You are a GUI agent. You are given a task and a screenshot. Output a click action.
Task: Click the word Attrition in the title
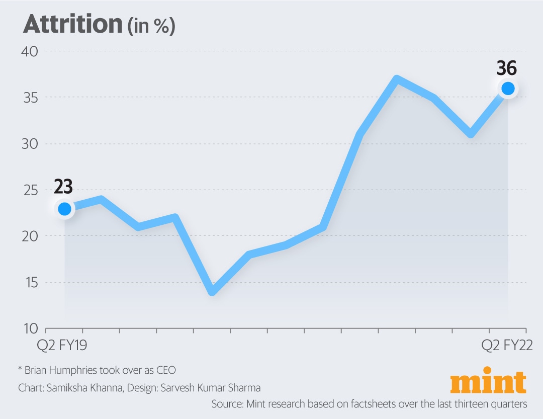click(x=71, y=24)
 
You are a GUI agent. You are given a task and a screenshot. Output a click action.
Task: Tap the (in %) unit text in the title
click(x=151, y=26)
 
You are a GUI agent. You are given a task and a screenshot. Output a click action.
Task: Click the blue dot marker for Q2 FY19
click(x=64, y=208)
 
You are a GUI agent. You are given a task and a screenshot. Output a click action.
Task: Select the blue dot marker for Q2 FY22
click(x=508, y=88)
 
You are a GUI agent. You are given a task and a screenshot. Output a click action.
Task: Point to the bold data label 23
click(x=63, y=187)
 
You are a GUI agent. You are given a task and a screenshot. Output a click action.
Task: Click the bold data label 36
click(x=507, y=68)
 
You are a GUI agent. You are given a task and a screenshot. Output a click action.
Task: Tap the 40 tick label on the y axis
click(x=30, y=51)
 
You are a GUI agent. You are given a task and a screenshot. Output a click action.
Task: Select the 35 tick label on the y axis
click(x=30, y=98)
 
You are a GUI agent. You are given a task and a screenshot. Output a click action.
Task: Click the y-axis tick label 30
click(x=30, y=144)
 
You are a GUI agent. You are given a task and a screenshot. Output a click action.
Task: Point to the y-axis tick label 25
click(x=30, y=190)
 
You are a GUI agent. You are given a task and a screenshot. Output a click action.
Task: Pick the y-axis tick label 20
click(x=30, y=236)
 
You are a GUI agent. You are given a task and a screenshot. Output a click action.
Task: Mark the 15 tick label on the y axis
click(x=30, y=283)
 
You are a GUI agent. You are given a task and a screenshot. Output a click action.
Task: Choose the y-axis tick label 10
click(x=30, y=329)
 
